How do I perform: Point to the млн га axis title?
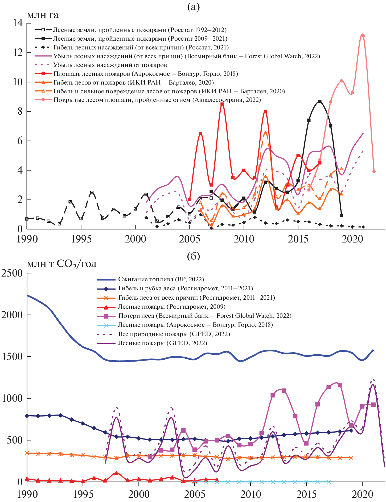click(x=43, y=15)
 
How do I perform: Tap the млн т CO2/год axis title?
click(x=61, y=264)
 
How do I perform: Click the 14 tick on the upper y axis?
click(x=18, y=23)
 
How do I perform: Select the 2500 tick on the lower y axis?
click(x=12, y=273)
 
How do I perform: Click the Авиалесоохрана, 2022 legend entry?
click(x=157, y=100)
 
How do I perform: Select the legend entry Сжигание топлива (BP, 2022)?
click(x=161, y=279)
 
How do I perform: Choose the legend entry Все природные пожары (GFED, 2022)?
click(x=174, y=334)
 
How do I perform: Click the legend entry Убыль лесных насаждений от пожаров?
click(x=110, y=65)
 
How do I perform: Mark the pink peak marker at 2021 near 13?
click(x=363, y=36)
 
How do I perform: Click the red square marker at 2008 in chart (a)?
click(x=222, y=104)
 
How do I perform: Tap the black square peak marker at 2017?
click(x=319, y=102)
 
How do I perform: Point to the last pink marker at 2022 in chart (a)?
click(x=374, y=171)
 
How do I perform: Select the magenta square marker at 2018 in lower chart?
click(x=340, y=385)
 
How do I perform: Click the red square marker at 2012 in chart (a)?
click(x=265, y=112)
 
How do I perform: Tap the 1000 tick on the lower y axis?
click(x=12, y=398)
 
